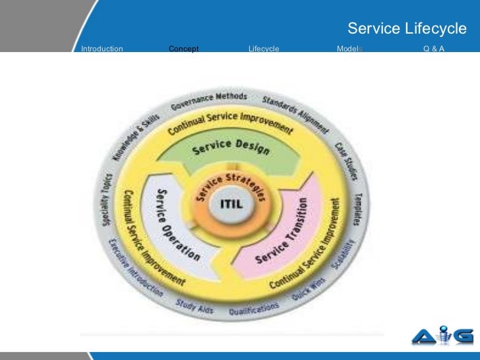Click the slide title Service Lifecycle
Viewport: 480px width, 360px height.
coord(406,29)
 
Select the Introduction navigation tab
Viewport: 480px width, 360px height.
coord(102,49)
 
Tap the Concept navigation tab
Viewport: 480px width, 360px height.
coord(184,49)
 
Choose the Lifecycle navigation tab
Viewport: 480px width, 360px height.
coord(264,49)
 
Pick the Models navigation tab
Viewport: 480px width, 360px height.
coord(349,49)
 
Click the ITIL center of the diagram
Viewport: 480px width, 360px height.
coord(226,204)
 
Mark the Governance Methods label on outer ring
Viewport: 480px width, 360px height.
coord(209,101)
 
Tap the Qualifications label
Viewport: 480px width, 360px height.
coord(254,309)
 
